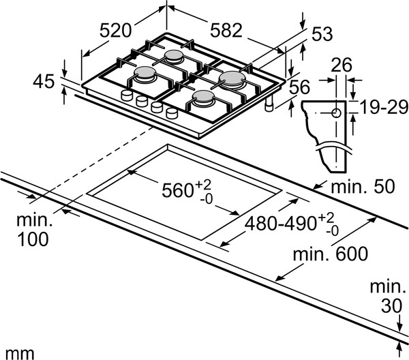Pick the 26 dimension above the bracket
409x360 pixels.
pyautogui.click(x=342, y=65)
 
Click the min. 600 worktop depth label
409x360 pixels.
pyautogui.click(x=331, y=254)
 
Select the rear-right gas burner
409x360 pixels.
pyautogui.click(x=232, y=80)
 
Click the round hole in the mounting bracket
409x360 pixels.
pyautogui.click(x=337, y=113)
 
